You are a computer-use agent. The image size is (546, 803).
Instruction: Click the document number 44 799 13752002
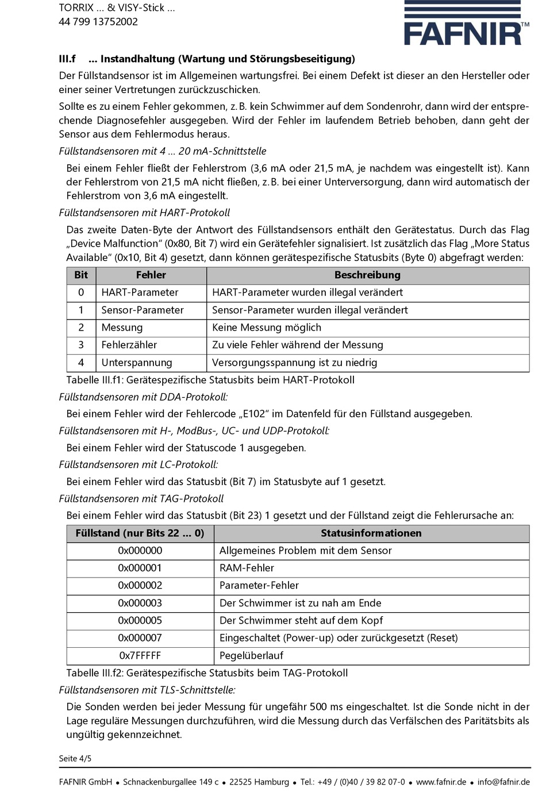[98, 22]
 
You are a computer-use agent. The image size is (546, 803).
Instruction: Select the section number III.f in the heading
[67, 59]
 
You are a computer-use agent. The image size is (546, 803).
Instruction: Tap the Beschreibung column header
[367, 275]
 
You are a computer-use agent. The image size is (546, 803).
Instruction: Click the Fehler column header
[151, 275]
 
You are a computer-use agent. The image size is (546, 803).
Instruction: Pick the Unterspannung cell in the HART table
[137, 363]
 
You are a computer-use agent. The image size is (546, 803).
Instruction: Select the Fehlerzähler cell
[129, 345]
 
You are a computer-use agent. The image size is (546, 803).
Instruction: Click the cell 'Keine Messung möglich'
[267, 328]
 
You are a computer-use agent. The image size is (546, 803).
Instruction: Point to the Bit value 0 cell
[81, 293]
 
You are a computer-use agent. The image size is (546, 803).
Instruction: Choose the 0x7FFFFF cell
[140, 656]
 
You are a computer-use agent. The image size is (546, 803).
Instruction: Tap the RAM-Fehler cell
[247, 568]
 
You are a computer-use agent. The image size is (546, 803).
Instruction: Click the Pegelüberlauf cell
[251, 656]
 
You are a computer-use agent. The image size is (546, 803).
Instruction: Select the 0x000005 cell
[140, 621]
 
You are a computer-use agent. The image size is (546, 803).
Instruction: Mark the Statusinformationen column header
[371, 533]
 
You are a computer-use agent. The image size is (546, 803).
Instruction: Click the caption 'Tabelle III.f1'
[210, 380]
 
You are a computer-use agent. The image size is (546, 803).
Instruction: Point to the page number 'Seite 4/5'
[75, 759]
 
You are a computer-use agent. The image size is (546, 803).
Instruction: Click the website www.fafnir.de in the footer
[441, 782]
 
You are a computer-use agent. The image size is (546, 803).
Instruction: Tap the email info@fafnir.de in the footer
[503, 782]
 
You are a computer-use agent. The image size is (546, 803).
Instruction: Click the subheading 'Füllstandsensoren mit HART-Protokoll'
[144, 213]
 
